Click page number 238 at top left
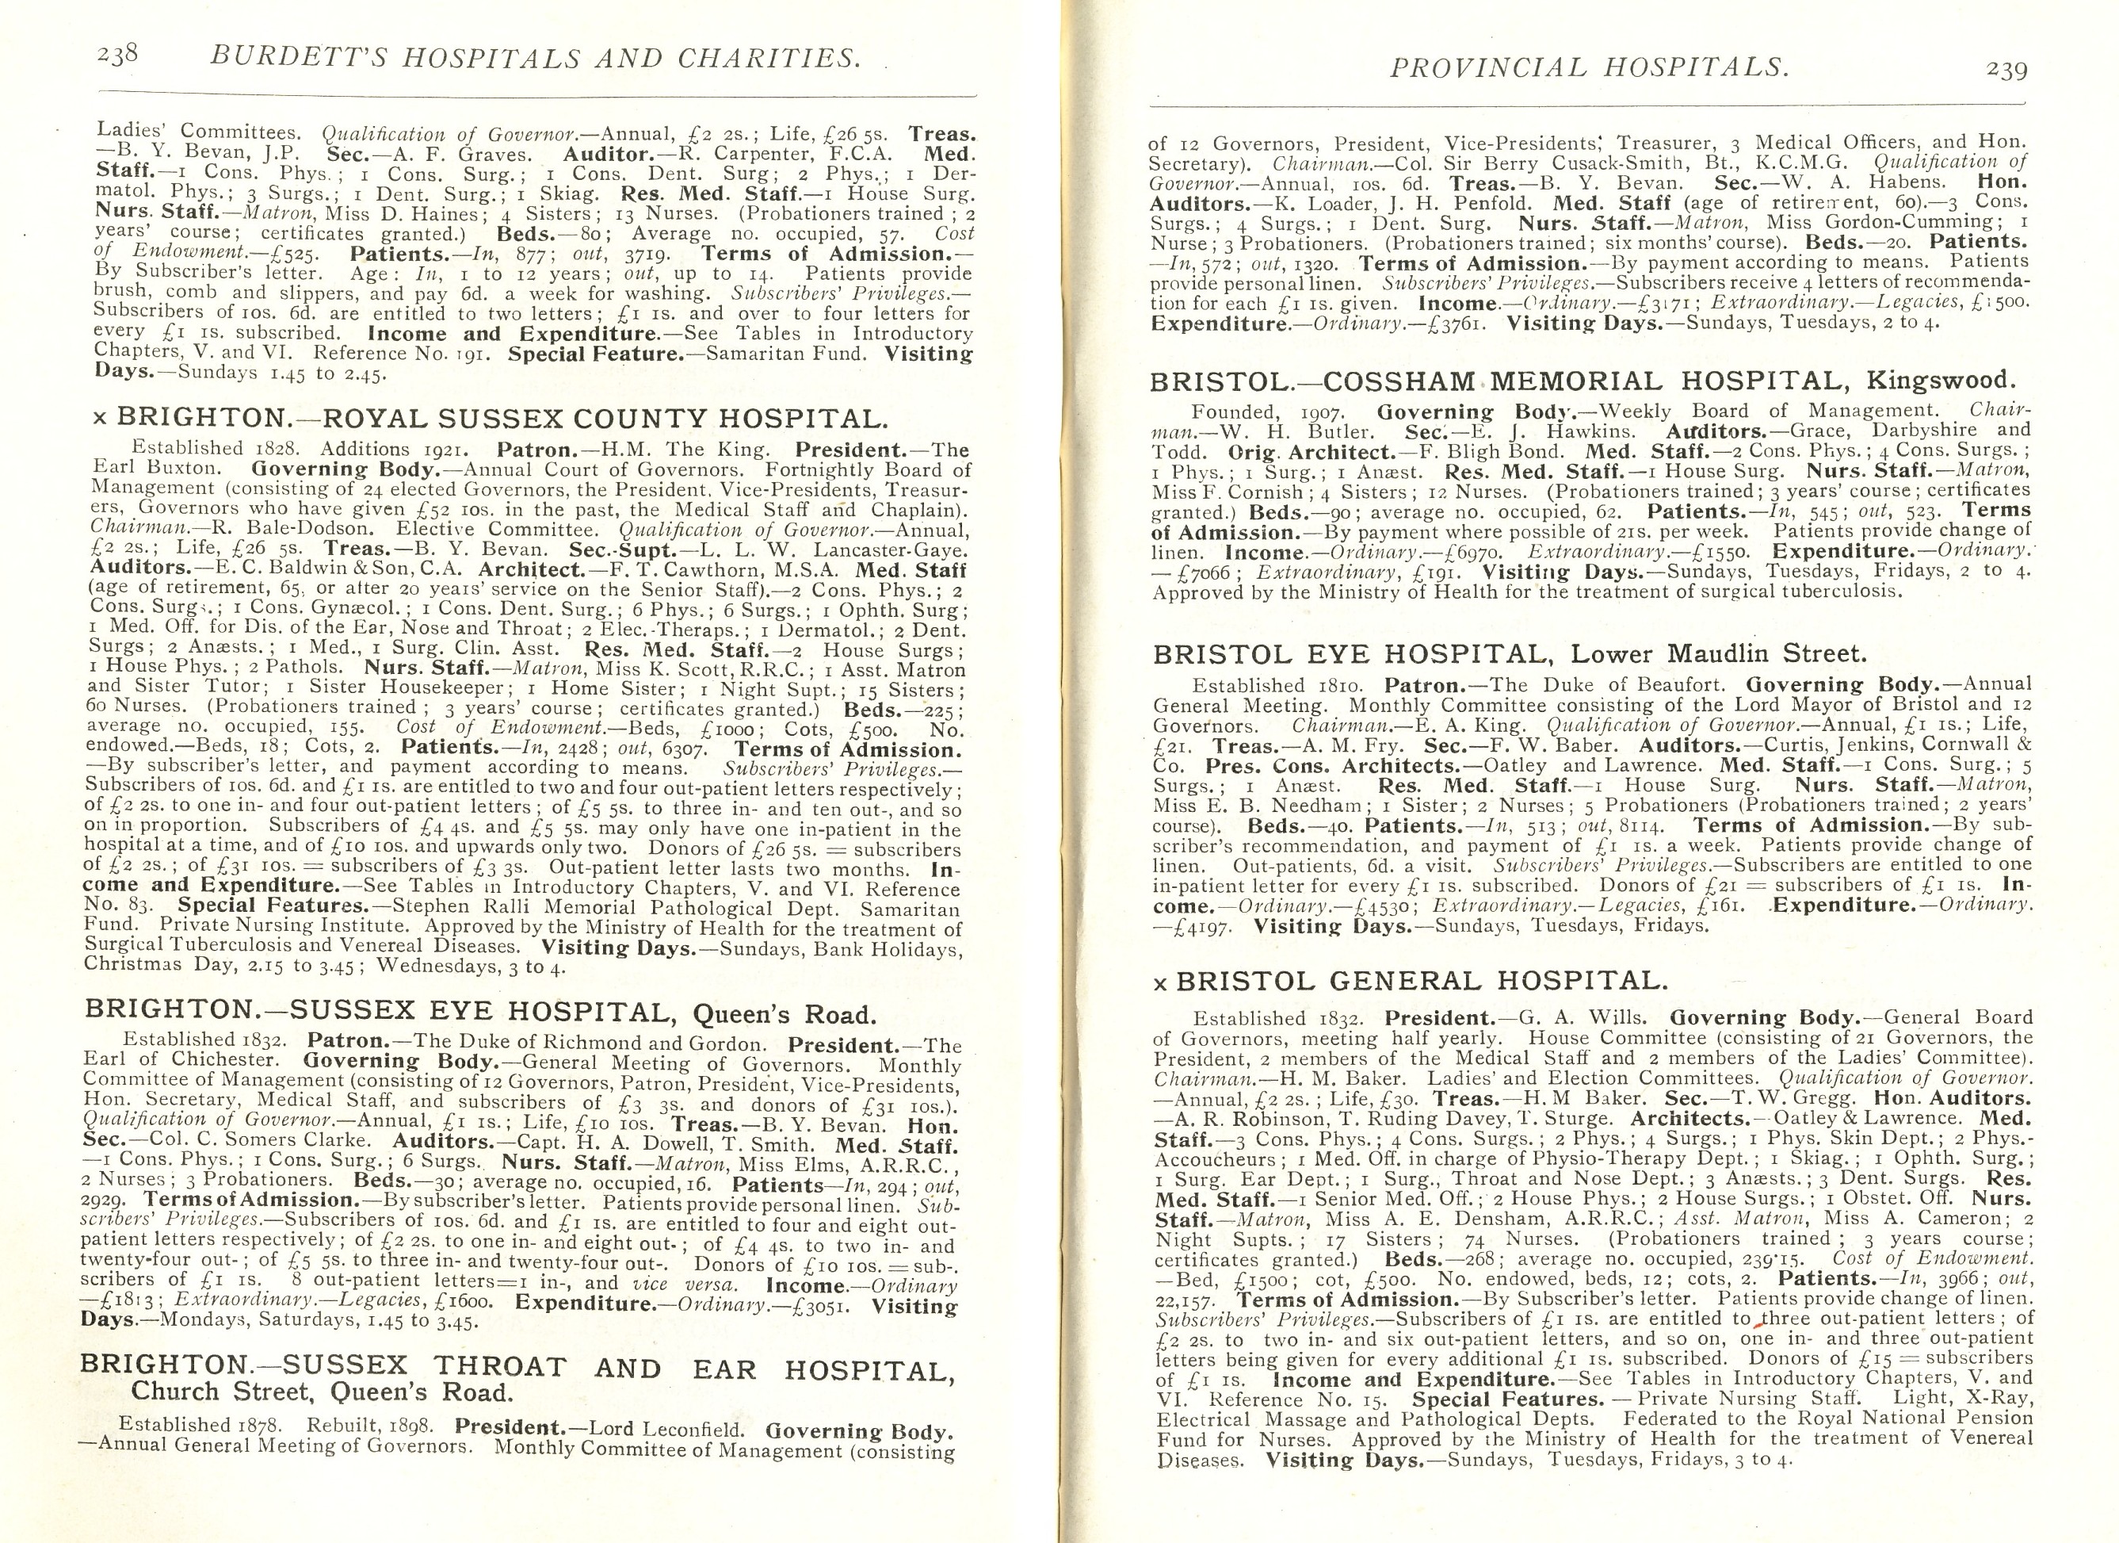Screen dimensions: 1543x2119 pyautogui.click(x=118, y=56)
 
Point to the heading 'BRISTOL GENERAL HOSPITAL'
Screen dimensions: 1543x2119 pyautogui.click(x=1420, y=980)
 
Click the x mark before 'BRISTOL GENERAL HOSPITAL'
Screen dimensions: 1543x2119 pyautogui.click(x=1159, y=983)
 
